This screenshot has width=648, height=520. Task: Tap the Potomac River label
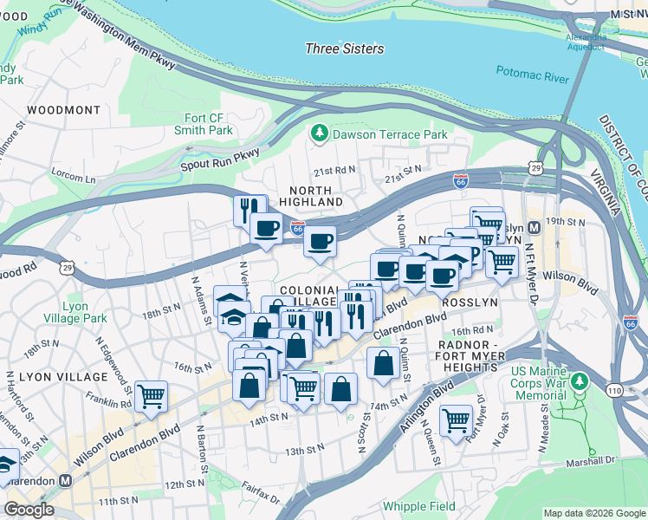click(532, 77)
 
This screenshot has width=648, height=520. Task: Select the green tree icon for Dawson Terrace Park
click(319, 133)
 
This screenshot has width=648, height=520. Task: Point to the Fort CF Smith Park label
click(208, 124)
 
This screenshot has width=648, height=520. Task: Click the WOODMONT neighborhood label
click(63, 110)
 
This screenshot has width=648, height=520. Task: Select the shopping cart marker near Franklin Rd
click(152, 396)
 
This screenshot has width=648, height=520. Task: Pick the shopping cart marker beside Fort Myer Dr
click(456, 421)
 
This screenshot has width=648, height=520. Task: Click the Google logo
click(29, 509)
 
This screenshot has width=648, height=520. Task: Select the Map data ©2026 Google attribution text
click(593, 513)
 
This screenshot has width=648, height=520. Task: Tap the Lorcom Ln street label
click(75, 177)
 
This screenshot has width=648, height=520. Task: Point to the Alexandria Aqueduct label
click(586, 44)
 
